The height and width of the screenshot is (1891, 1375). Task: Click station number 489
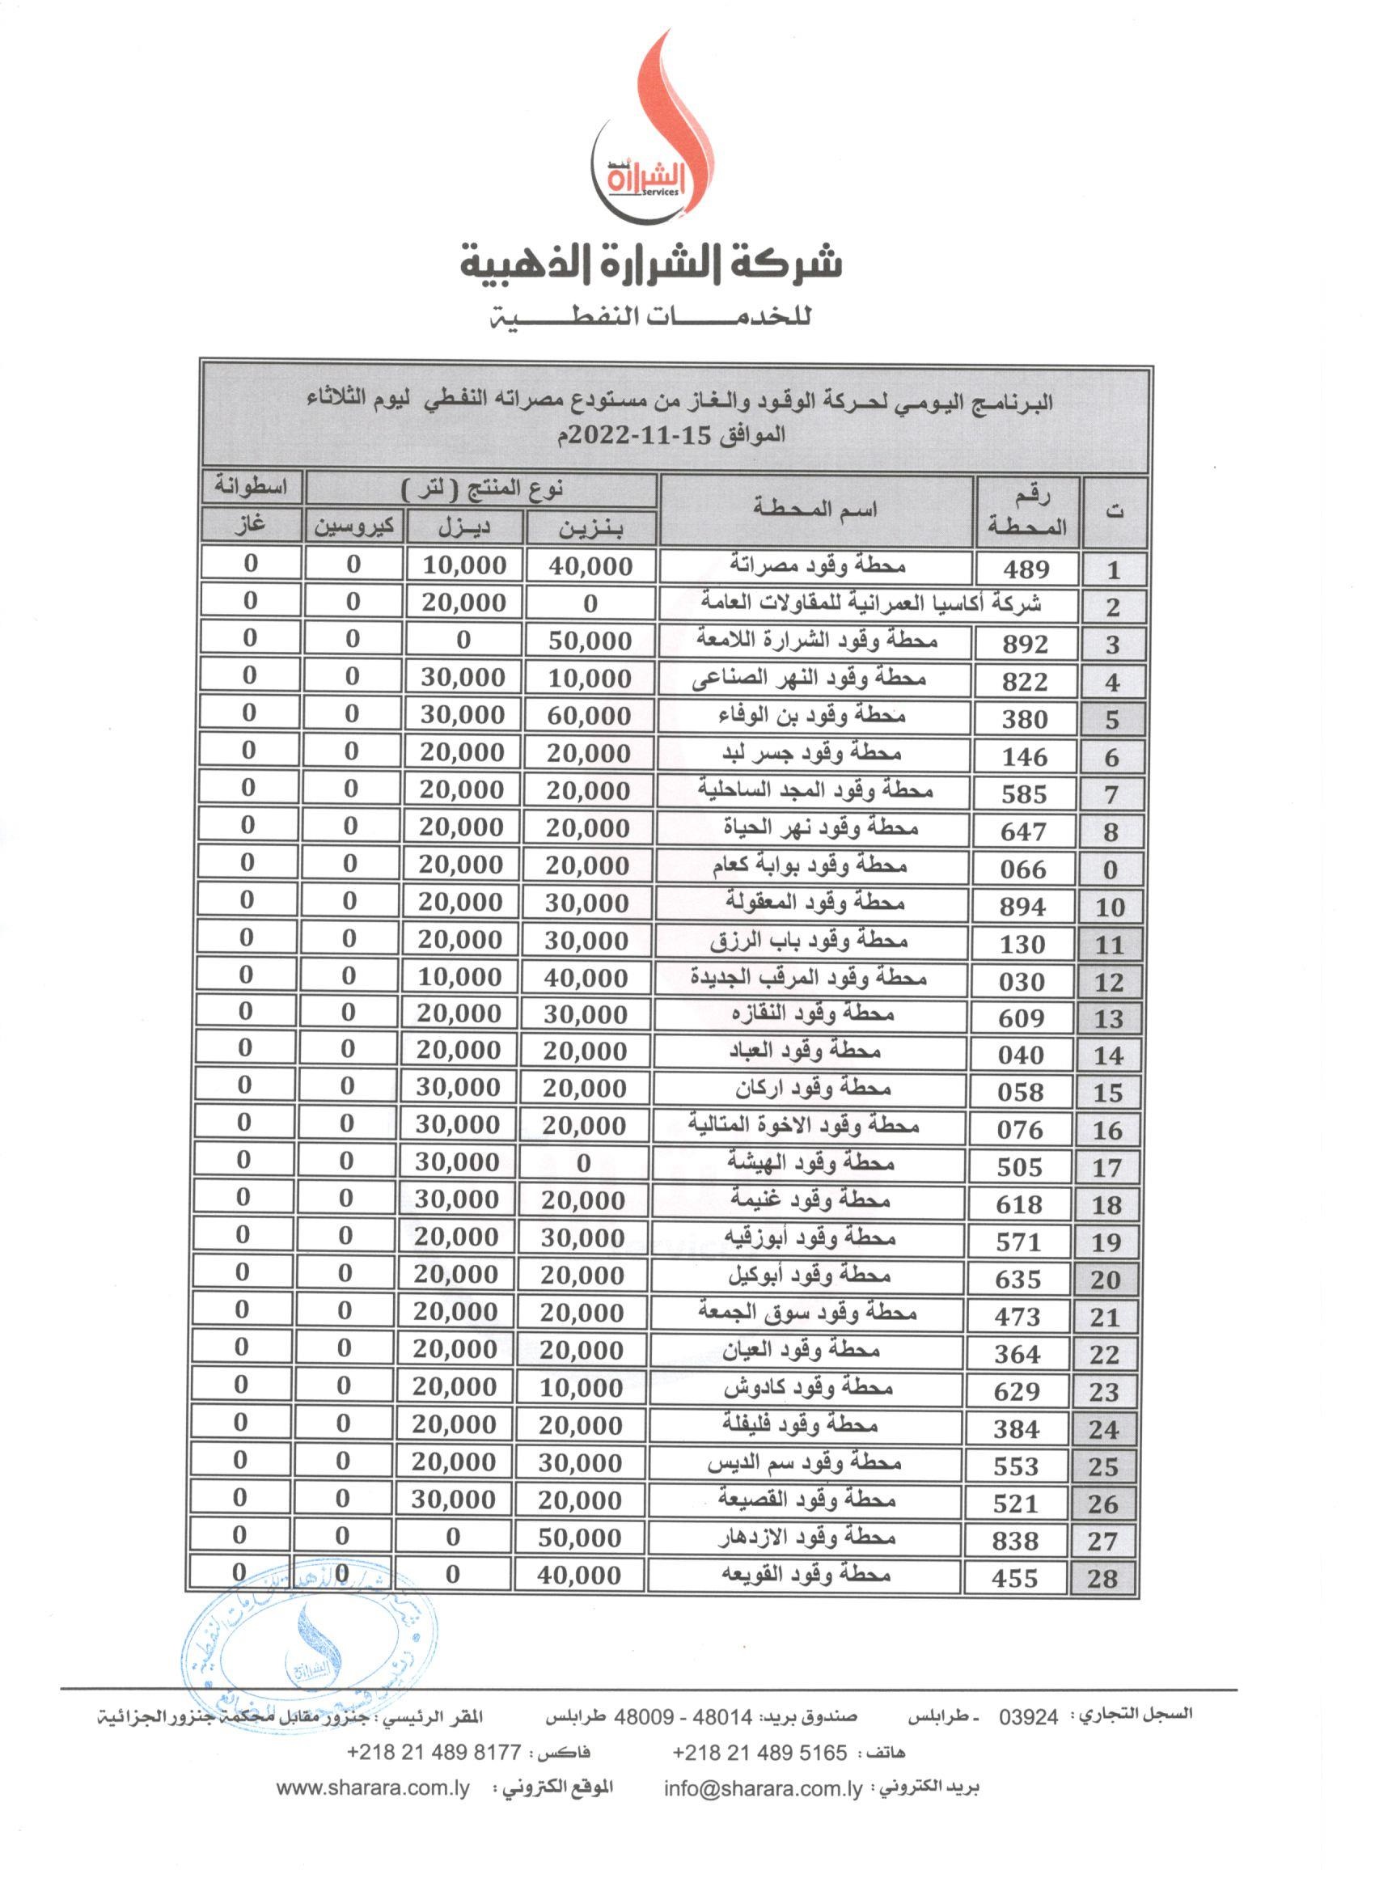pos(1026,569)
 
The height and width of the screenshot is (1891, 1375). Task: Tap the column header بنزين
pos(591,529)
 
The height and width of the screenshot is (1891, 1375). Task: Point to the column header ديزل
pos(464,528)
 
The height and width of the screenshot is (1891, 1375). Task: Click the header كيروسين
pos(353,528)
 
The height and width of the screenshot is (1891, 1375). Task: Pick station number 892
pos(1025,644)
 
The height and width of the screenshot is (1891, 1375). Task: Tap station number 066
pos(1023,869)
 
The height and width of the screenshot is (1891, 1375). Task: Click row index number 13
pos(1109,1019)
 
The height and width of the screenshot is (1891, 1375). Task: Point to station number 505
pos(1020,1167)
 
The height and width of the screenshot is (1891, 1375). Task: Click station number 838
pos(1016,1541)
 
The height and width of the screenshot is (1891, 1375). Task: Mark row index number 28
pos(1102,1578)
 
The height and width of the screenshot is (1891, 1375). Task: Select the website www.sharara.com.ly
pos(373,1788)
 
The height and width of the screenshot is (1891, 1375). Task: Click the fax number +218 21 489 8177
pos(434,1753)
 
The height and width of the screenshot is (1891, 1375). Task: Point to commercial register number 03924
pos(1029,1717)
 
